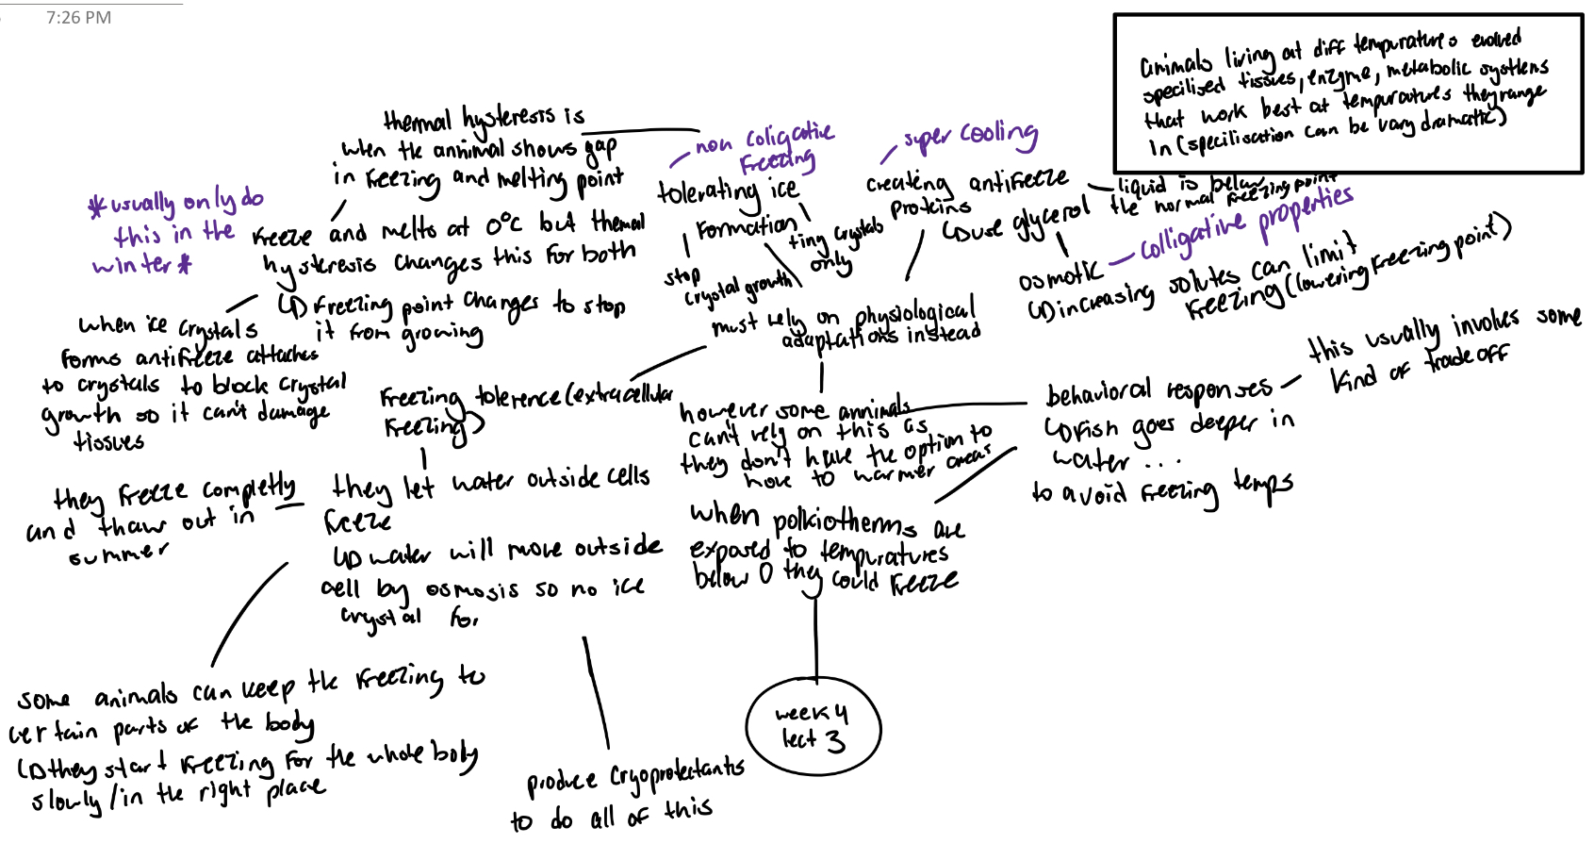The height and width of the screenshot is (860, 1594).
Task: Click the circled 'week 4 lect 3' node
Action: (x=813, y=728)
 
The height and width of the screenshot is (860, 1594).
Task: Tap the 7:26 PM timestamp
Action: (x=78, y=18)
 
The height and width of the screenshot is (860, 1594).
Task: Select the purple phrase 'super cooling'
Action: (x=970, y=137)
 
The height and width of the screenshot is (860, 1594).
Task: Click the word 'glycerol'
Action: (x=1051, y=221)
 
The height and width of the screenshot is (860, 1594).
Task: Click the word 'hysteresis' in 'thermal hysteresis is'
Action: (x=509, y=118)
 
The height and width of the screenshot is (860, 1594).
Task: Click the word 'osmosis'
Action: (x=471, y=590)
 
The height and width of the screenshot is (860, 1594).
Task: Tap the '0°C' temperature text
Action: (x=503, y=225)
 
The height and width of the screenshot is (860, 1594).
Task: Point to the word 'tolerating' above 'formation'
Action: (x=708, y=192)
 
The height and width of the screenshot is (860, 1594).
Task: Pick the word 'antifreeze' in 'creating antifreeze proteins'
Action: (x=1018, y=180)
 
